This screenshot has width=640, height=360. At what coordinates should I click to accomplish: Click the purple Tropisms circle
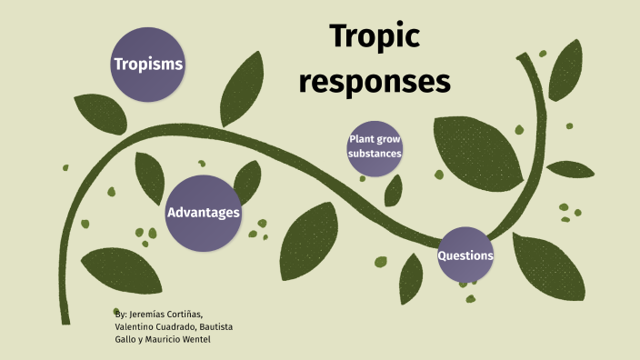coord(147,65)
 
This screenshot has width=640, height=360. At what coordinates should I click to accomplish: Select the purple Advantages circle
coord(204,213)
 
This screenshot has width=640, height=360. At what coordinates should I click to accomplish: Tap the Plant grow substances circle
coord(374,146)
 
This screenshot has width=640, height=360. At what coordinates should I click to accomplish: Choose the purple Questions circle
coord(465,255)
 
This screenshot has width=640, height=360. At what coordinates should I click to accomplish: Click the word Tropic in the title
coord(374,36)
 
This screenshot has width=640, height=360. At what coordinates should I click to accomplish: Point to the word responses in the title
coord(375,80)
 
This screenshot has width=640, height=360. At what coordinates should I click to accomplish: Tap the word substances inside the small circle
coord(374,154)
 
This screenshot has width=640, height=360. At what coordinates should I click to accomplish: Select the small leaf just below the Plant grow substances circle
coord(393,190)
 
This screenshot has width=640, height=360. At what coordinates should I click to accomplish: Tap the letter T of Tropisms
coord(117,65)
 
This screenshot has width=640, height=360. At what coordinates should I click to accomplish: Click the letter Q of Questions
coord(443,255)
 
